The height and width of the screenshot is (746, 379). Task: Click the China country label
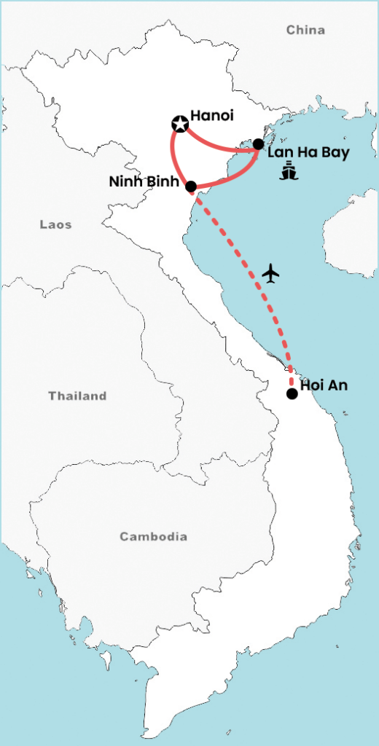(305, 30)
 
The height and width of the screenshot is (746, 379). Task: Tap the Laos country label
(55, 225)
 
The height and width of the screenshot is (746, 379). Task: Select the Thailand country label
(77, 396)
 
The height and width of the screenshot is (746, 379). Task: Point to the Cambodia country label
(153, 537)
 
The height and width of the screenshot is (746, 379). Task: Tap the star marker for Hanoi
(179, 124)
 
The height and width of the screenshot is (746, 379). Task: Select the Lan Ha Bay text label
(308, 154)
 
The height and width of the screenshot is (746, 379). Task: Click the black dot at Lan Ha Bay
(258, 144)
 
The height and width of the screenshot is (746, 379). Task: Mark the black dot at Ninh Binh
(191, 186)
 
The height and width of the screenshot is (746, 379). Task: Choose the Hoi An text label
(324, 386)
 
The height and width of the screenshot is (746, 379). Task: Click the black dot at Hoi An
(292, 394)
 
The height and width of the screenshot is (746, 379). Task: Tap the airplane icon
(271, 273)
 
